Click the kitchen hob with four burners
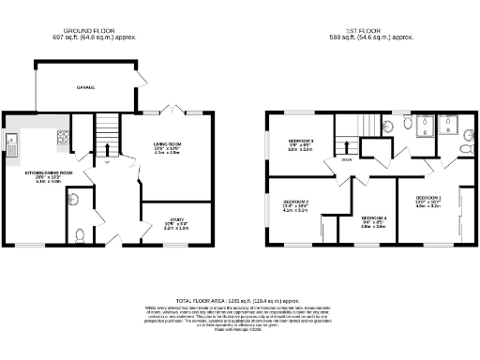63,141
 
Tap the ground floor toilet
81,236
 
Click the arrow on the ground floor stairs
108,150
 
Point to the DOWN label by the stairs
345,159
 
